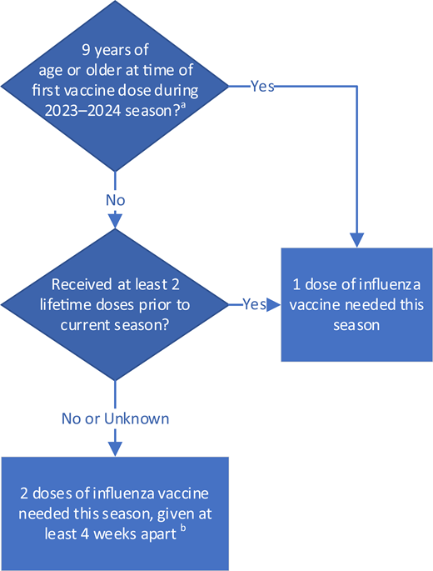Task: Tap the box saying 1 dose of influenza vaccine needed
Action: [356, 304]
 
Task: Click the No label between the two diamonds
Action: [115, 201]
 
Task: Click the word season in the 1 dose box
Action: [356, 325]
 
